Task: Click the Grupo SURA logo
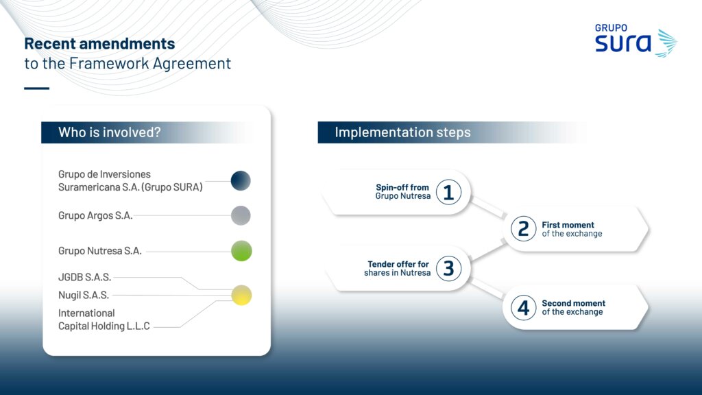(636, 40)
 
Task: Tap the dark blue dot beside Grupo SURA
(241, 180)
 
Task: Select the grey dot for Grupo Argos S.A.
(241, 215)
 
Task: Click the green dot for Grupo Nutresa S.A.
(241, 251)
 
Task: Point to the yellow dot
(241, 295)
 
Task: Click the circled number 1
(448, 192)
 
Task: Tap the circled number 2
(523, 229)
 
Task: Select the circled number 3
(448, 268)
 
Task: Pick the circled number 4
(523, 308)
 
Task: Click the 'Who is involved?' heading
(109, 132)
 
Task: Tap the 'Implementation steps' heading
(402, 132)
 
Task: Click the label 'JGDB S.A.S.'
(84, 277)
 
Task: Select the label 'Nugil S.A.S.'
(83, 295)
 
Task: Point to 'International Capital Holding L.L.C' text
(104, 320)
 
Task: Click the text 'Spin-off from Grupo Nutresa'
(403, 192)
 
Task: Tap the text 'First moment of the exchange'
(572, 229)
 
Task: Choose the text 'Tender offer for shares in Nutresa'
(397, 268)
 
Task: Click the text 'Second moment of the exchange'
(574, 308)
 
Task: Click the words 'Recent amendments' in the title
(99, 43)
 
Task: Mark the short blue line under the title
(37, 88)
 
